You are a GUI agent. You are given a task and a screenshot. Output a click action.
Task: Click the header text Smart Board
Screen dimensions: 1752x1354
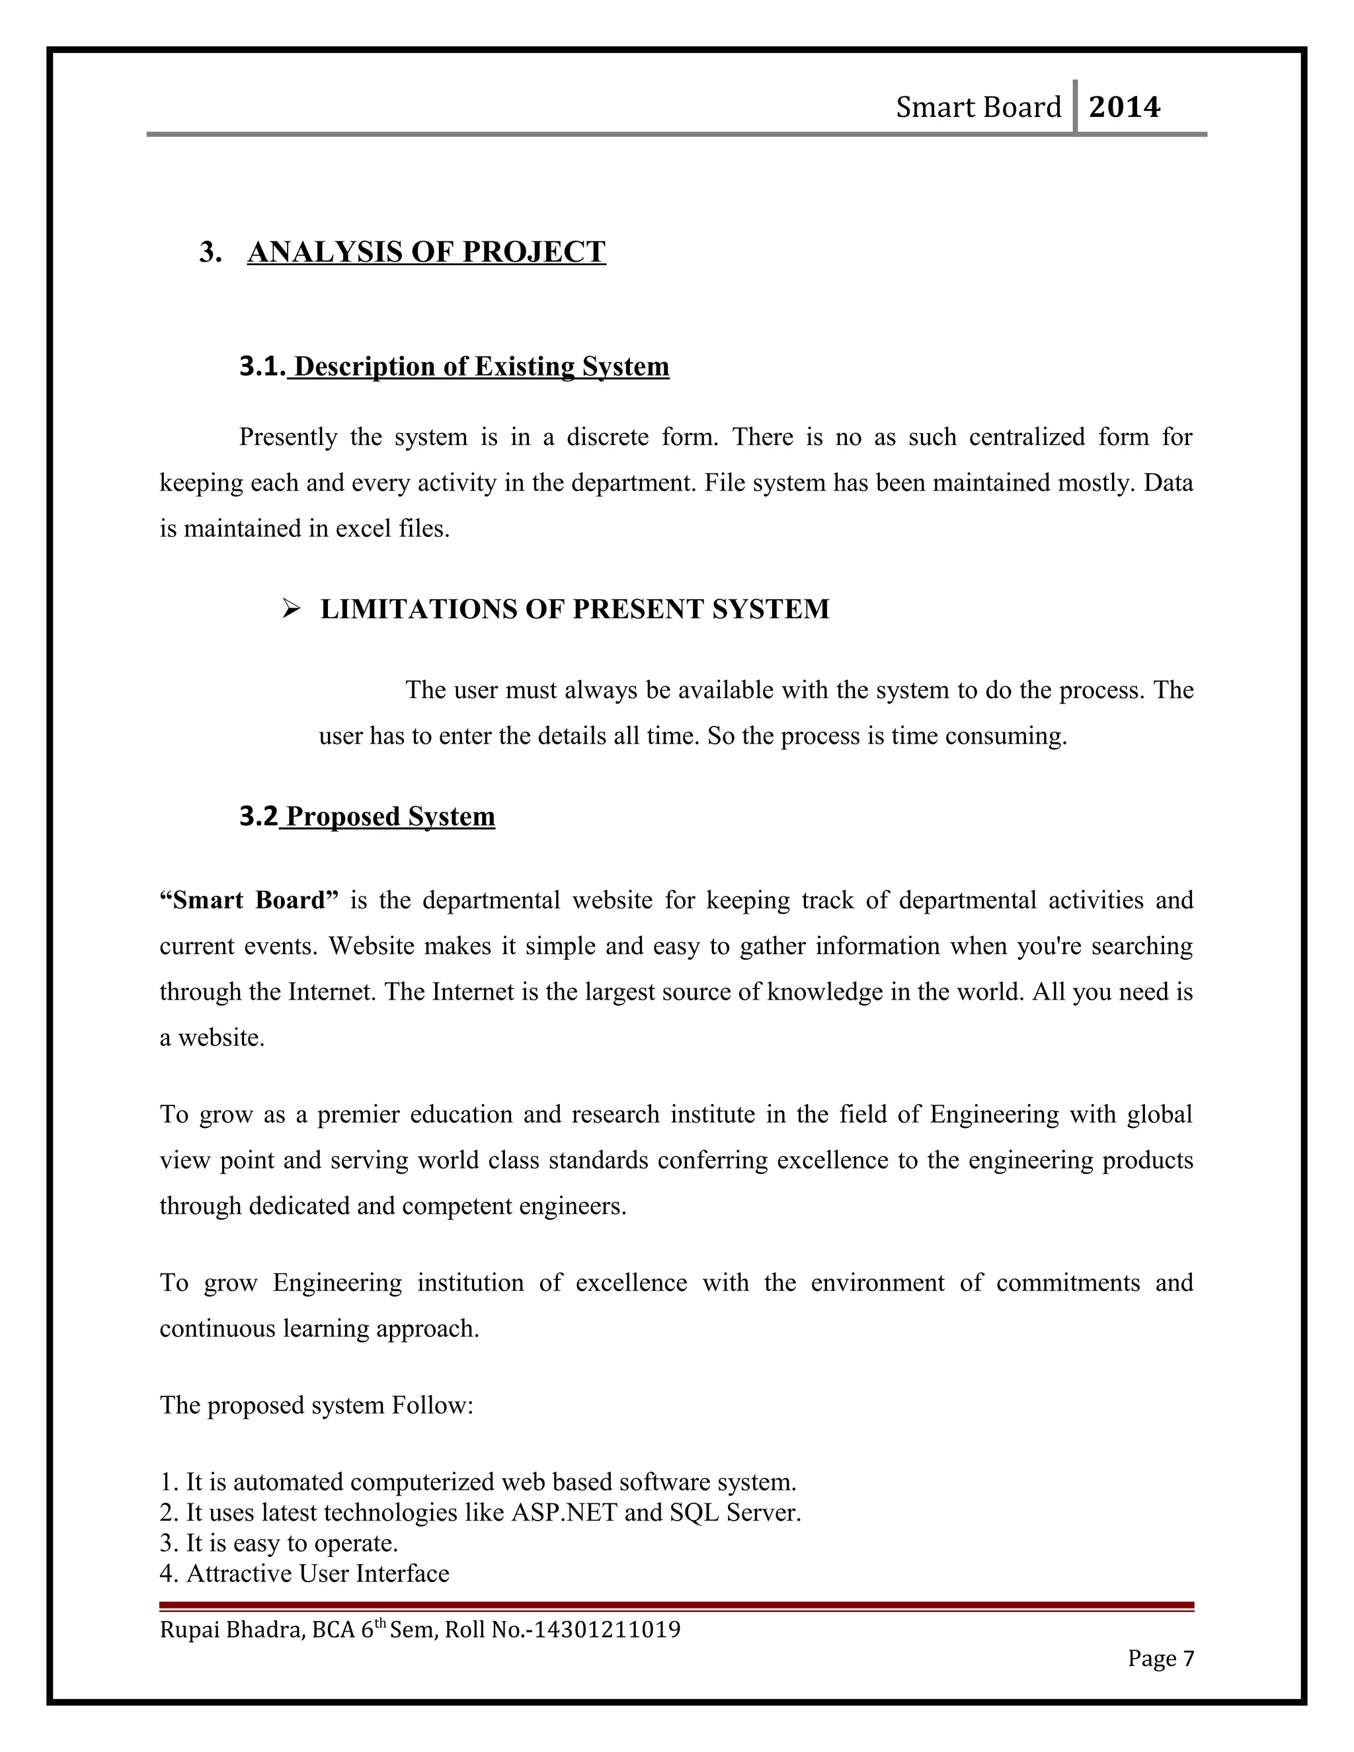tap(978, 106)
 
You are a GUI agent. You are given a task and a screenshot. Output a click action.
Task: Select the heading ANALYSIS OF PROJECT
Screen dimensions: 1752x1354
tap(426, 252)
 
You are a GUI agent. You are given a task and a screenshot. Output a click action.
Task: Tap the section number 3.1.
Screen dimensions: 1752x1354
tap(262, 367)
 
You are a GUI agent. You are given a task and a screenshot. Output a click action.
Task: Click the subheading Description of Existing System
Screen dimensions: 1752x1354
tap(481, 367)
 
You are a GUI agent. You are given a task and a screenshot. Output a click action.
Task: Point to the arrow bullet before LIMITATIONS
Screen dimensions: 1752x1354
tap(290, 610)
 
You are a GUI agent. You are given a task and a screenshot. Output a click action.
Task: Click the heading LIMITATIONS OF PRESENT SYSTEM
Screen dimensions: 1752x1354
tap(575, 610)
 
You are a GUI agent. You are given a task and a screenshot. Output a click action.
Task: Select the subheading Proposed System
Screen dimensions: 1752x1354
tap(390, 816)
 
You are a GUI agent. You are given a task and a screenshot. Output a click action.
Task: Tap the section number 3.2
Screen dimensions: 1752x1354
tap(259, 816)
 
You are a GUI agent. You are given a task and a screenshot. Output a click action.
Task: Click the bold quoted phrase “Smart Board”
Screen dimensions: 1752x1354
tap(249, 900)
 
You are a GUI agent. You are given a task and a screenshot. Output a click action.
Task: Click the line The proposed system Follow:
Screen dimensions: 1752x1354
tap(317, 1405)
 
